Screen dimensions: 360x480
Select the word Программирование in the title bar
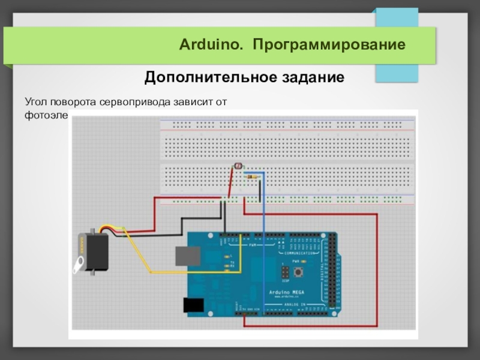pyautogui.click(x=329, y=45)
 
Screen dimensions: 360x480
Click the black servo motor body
pyautogui.click(x=96, y=251)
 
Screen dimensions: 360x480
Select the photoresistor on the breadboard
pyautogui.click(x=237, y=166)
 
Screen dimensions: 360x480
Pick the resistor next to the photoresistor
pyautogui.click(x=253, y=176)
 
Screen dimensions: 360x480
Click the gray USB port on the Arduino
pyautogui.click(x=188, y=255)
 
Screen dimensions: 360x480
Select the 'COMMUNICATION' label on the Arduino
pyautogui.click(x=298, y=253)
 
